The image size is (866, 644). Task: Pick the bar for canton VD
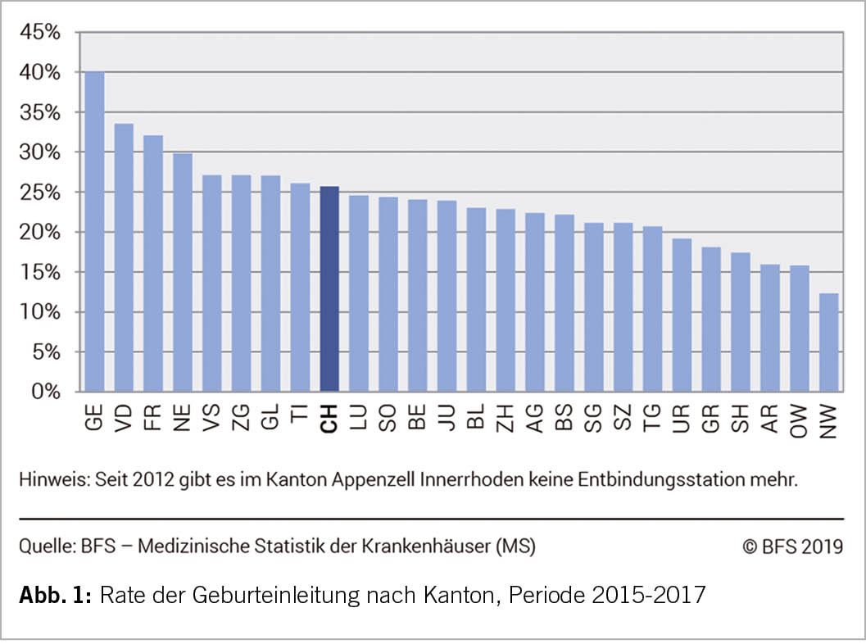[124, 257]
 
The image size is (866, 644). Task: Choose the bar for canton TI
[300, 288]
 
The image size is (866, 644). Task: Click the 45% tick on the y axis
[41, 33]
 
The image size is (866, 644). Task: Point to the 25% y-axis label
[41, 193]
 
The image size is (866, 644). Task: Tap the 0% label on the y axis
[46, 392]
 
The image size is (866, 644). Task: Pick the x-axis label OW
[800, 421]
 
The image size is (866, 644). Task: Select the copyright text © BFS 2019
[792, 546]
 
